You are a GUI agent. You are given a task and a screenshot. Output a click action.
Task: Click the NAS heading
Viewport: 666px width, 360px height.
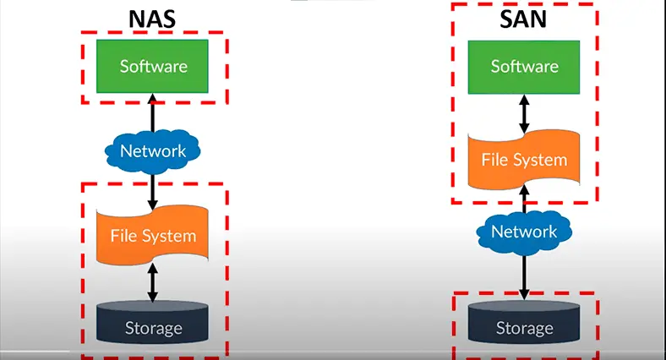point(152,18)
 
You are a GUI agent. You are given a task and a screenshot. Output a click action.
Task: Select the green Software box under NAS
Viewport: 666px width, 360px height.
point(153,66)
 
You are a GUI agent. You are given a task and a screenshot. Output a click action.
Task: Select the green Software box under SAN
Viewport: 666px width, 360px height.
point(524,65)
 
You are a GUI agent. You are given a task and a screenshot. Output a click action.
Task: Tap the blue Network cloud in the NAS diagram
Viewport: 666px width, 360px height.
point(153,152)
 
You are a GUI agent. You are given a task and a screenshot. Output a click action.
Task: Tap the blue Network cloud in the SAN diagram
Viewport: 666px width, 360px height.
point(524,232)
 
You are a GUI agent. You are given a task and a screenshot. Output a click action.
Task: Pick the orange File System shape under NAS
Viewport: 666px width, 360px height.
point(153,235)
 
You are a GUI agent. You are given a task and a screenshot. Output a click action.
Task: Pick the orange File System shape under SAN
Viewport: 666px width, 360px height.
point(524,159)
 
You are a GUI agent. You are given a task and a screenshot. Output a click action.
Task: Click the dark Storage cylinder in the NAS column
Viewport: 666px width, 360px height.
point(153,325)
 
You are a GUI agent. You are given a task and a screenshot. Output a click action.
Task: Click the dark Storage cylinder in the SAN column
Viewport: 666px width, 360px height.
point(524,326)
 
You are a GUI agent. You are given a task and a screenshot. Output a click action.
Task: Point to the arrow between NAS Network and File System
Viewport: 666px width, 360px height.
point(153,188)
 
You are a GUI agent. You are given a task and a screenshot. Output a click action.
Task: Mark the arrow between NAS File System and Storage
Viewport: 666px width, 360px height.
point(153,282)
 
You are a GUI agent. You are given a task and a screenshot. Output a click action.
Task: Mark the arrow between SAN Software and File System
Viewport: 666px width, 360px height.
point(524,111)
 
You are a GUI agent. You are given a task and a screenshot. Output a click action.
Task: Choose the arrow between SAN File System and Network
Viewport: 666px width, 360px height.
point(524,199)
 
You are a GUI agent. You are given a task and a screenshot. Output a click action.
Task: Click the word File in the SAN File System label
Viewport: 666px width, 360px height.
point(495,159)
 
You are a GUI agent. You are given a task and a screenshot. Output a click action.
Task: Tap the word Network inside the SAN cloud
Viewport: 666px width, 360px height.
point(524,232)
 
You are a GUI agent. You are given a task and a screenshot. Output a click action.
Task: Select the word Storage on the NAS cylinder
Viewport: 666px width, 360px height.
point(153,326)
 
